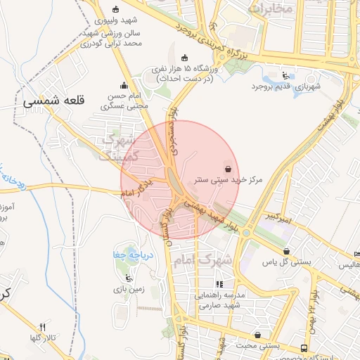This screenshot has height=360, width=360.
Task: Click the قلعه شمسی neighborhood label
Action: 53,101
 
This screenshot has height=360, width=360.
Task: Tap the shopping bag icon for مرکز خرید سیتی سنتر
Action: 226,168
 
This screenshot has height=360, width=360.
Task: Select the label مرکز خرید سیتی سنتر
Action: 229,180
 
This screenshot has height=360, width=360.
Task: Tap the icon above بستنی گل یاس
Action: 286,251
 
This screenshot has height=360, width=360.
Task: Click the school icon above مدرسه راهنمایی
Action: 219,285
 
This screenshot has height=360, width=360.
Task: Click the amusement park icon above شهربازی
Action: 284,75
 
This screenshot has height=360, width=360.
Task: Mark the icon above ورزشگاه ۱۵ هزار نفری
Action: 185,58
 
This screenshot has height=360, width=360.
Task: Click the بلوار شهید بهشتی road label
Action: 210,210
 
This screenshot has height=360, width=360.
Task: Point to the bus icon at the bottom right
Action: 303,347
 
